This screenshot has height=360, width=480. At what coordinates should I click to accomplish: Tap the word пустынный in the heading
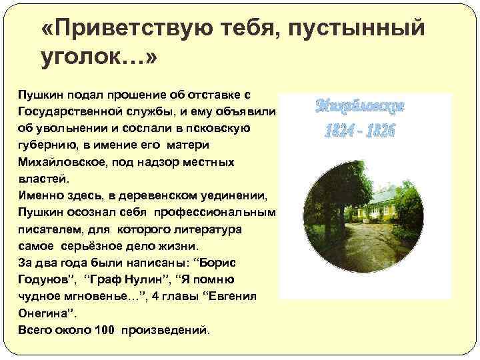(x=363, y=29)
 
